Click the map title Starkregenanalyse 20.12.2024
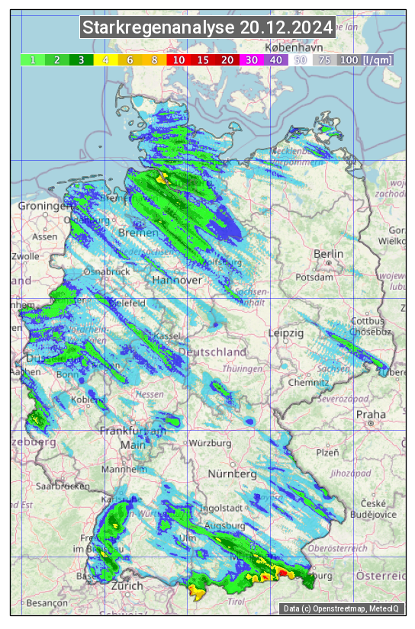[x=207, y=28]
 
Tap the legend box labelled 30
[x=251, y=59]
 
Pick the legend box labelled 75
[x=324, y=59]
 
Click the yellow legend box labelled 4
[x=106, y=59]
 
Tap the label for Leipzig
[x=286, y=333]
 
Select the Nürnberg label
[x=233, y=473]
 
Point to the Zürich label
[x=127, y=586]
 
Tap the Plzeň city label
[x=327, y=452]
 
